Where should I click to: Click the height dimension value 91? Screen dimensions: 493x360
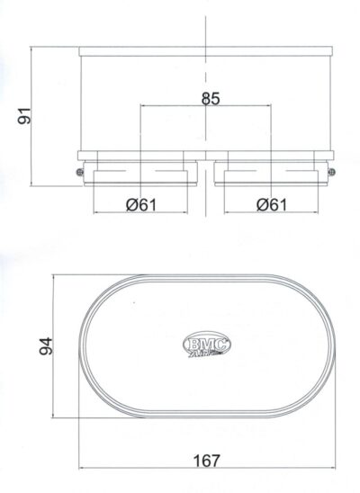[24, 116]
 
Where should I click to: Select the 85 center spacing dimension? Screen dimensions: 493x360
[209, 99]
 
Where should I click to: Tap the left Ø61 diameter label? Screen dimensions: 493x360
[142, 204]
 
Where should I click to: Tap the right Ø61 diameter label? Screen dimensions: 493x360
[271, 204]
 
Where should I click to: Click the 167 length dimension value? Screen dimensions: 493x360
[206, 460]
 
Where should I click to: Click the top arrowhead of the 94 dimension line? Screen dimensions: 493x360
[56, 278]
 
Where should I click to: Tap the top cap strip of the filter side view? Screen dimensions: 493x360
[206, 51]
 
